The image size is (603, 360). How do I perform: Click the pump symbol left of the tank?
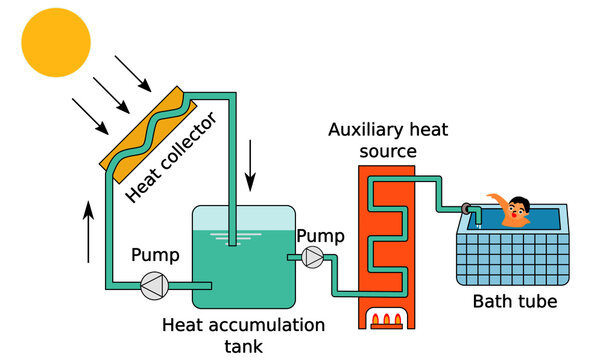(x=153, y=286)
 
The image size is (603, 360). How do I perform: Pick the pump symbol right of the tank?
(x=313, y=259)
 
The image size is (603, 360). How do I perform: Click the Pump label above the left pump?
(x=155, y=256)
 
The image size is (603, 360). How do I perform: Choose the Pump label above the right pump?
(x=320, y=237)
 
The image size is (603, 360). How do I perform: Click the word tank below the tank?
(x=244, y=346)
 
